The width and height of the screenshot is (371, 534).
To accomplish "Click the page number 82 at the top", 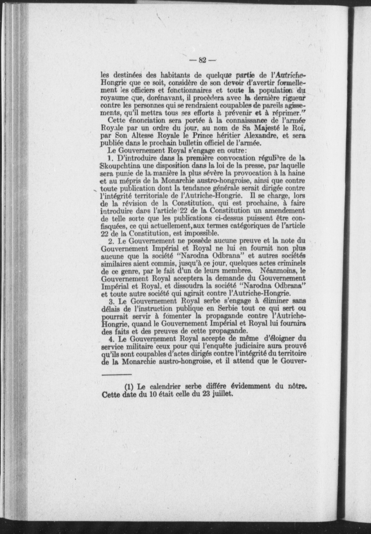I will pyautogui.click(x=203, y=60).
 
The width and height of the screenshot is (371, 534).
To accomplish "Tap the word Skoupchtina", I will pyautogui.click(x=119, y=166).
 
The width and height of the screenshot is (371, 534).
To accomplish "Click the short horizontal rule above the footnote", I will pyautogui.click(x=117, y=375).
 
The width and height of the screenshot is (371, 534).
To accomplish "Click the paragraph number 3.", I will pyautogui.click(x=111, y=301).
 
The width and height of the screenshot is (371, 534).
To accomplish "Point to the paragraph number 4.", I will pyautogui.click(x=111, y=339).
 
